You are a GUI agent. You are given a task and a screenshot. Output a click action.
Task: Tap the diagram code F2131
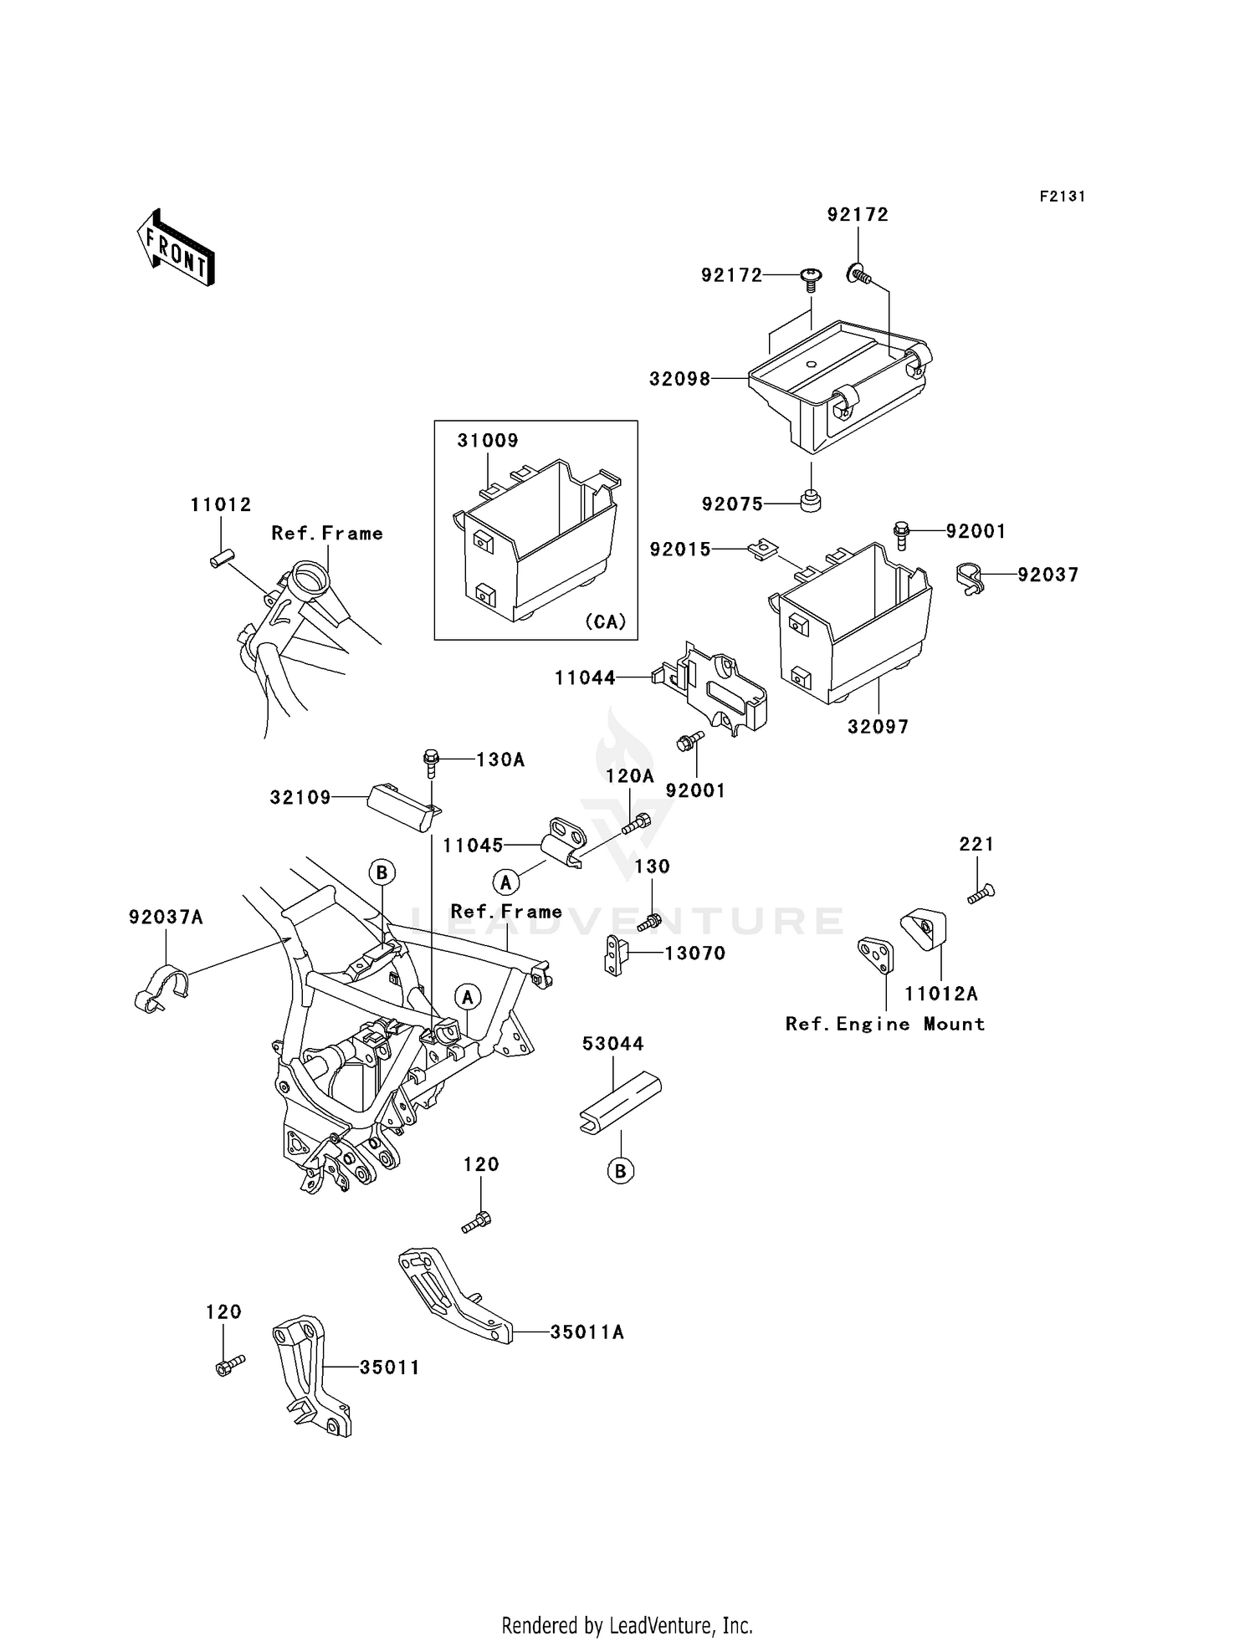click(1062, 197)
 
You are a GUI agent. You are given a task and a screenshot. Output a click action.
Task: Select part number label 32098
click(679, 379)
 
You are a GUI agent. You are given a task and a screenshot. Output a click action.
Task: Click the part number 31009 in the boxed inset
click(487, 440)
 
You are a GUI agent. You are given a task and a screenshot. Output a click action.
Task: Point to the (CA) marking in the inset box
click(605, 621)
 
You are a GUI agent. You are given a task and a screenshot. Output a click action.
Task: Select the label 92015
click(680, 550)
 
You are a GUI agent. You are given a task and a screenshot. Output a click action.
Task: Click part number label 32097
click(878, 727)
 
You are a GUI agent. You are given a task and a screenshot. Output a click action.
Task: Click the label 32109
click(300, 798)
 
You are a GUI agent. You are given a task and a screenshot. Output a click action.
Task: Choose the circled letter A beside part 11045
click(505, 882)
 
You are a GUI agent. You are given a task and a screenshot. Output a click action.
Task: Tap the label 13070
click(694, 953)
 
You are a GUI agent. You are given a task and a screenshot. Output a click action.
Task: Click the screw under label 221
click(981, 893)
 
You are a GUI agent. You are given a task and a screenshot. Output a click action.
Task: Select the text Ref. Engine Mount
click(884, 1024)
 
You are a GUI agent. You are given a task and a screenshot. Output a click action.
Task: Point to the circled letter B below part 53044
click(620, 1172)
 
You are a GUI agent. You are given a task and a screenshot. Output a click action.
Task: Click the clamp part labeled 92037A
click(161, 987)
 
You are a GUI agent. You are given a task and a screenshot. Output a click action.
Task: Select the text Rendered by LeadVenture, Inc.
click(627, 1625)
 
